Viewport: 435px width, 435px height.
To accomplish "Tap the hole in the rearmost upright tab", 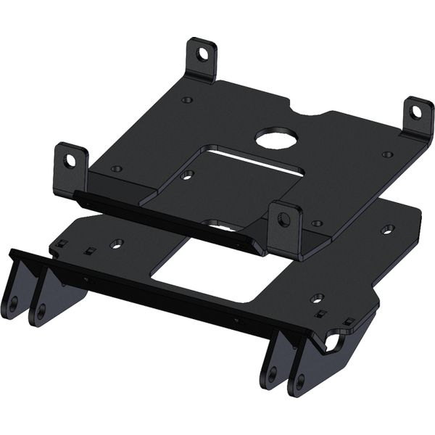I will tap(203, 53).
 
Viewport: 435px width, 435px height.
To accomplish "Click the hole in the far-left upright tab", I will tap(70, 160).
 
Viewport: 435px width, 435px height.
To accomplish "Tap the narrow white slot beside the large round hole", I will tap(250, 160).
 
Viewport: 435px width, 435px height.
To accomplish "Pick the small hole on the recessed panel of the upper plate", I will tap(188, 175).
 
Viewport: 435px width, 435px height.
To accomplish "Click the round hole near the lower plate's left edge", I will tap(117, 244).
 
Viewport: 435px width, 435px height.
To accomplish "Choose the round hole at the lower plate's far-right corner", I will tap(387, 230).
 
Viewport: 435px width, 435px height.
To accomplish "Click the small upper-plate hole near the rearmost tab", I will tap(187, 100).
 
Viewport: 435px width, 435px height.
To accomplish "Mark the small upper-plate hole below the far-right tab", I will tap(388, 154).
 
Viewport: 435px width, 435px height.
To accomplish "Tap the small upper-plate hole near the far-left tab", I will tap(116, 169).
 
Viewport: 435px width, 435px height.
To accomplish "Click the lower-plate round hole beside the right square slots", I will tap(317, 298).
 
